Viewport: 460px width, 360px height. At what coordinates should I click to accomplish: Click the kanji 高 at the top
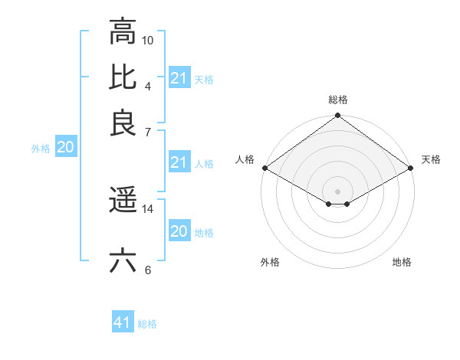pos(123,31)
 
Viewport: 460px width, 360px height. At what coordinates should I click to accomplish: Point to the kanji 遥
pos(123,200)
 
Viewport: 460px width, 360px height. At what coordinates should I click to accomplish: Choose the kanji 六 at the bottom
pos(123,260)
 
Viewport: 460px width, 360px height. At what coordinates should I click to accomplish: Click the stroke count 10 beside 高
pos(148,39)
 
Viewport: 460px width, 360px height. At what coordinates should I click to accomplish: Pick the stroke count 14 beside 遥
pos(148,208)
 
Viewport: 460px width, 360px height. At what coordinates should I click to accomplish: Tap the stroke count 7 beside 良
pos(148,132)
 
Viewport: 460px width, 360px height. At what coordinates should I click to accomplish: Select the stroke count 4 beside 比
pos(148,85)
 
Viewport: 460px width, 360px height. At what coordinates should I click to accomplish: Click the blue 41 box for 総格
pos(123,322)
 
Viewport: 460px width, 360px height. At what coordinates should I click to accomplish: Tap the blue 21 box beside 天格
pos(179,78)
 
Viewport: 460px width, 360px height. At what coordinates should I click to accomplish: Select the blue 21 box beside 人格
pos(179,162)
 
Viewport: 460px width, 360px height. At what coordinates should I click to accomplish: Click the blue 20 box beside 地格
pos(179,231)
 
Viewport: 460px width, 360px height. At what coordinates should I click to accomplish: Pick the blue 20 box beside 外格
pos(65,148)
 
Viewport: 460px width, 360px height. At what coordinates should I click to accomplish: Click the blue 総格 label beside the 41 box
pos(147,324)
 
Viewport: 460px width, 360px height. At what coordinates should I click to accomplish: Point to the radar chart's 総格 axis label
pos(337,100)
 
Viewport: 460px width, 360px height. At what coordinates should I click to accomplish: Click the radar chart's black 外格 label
pos(270,262)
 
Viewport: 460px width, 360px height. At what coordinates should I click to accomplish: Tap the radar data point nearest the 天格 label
pos(411,168)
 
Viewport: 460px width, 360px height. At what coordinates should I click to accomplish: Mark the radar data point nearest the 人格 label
pos(264,168)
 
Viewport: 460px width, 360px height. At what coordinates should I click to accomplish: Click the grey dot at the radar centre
pos(337,191)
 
